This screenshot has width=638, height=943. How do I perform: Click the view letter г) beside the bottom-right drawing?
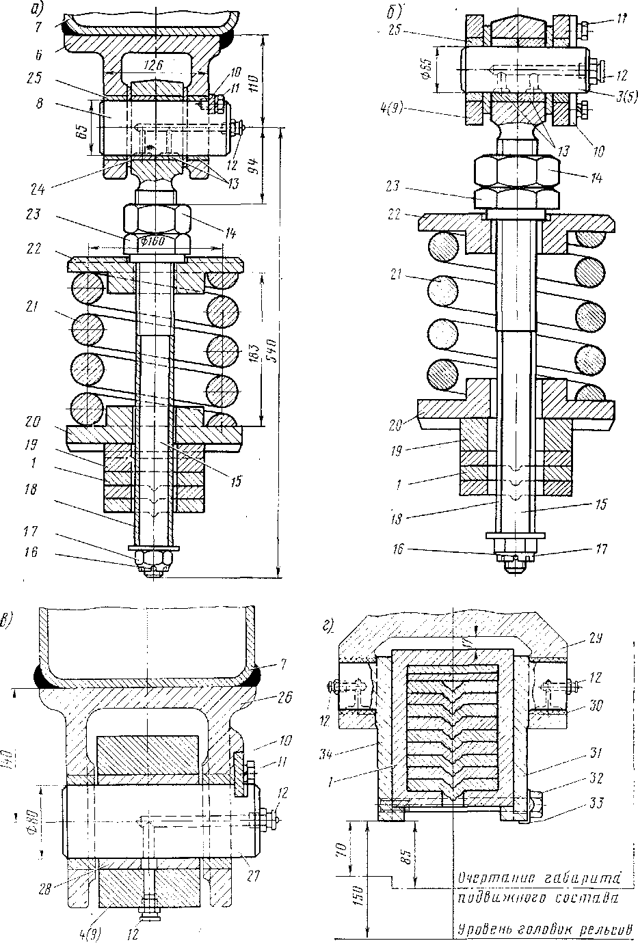click(x=328, y=624)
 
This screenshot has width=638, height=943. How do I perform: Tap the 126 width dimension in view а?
click(x=157, y=64)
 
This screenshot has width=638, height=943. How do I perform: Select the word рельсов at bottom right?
click(x=604, y=931)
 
